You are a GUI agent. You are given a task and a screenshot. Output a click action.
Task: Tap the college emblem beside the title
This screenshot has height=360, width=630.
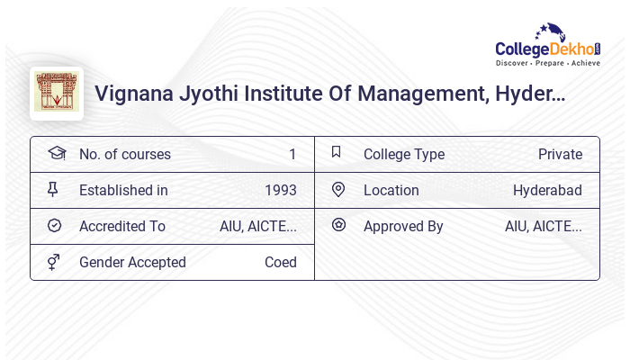(x=57, y=94)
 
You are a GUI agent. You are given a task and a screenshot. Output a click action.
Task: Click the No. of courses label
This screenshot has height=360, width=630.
(x=124, y=155)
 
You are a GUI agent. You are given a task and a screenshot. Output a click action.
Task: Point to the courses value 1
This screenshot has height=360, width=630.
(x=292, y=155)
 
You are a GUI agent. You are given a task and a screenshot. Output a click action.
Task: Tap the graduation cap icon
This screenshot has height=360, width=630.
(x=56, y=154)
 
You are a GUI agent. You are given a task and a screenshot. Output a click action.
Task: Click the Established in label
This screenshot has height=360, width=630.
(x=123, y=191)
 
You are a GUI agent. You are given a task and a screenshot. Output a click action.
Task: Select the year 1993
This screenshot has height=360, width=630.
(x=281, y=191)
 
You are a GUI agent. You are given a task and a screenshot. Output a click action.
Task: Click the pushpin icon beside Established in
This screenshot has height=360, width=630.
(x=53, y=190)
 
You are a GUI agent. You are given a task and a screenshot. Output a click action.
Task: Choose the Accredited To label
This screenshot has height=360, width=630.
(x=122, y=227)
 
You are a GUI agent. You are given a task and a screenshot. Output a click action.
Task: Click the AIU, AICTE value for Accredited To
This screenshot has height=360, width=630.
(x=258, y=227)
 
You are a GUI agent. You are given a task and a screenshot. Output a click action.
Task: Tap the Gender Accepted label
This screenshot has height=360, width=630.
(x=132, y=263)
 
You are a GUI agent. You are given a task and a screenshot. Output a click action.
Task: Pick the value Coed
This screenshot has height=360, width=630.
(x=281, y=263)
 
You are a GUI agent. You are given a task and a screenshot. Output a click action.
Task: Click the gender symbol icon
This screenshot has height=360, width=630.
(x=54, y=262)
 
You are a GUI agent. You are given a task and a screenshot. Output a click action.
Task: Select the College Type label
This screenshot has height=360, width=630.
(x=404, y=155)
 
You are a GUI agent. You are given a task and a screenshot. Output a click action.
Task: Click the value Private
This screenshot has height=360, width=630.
(x=560, y=155)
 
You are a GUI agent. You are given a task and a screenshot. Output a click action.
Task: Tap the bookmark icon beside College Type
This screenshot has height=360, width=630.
(x=337, y=153)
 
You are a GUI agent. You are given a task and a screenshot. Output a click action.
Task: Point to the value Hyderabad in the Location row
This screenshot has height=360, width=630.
(x=547, y=191)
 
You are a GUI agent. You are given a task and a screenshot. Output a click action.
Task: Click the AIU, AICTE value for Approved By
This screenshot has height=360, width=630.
(x=544, y=227)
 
